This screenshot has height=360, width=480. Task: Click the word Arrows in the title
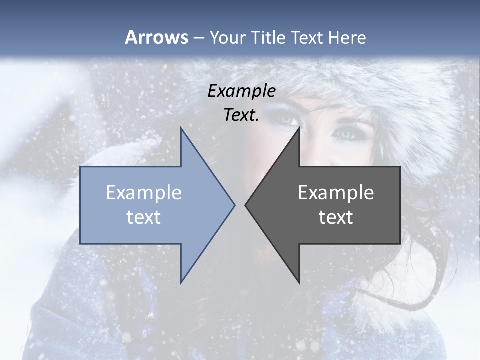156,37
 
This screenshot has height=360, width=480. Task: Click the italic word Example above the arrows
242,91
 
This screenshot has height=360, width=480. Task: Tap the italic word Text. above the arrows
241,115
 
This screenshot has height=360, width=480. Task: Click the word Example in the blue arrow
144,193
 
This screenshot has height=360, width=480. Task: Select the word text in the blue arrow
144,217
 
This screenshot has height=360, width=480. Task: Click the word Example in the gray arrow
336,193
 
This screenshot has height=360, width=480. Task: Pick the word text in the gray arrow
336,217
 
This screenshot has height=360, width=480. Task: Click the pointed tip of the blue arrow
234,205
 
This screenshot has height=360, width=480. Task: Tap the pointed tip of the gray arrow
245,205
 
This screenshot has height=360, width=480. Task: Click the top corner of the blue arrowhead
181,128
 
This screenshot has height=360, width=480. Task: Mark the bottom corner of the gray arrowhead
299,283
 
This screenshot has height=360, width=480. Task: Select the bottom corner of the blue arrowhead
181,283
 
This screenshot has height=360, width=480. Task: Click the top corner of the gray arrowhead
299,128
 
